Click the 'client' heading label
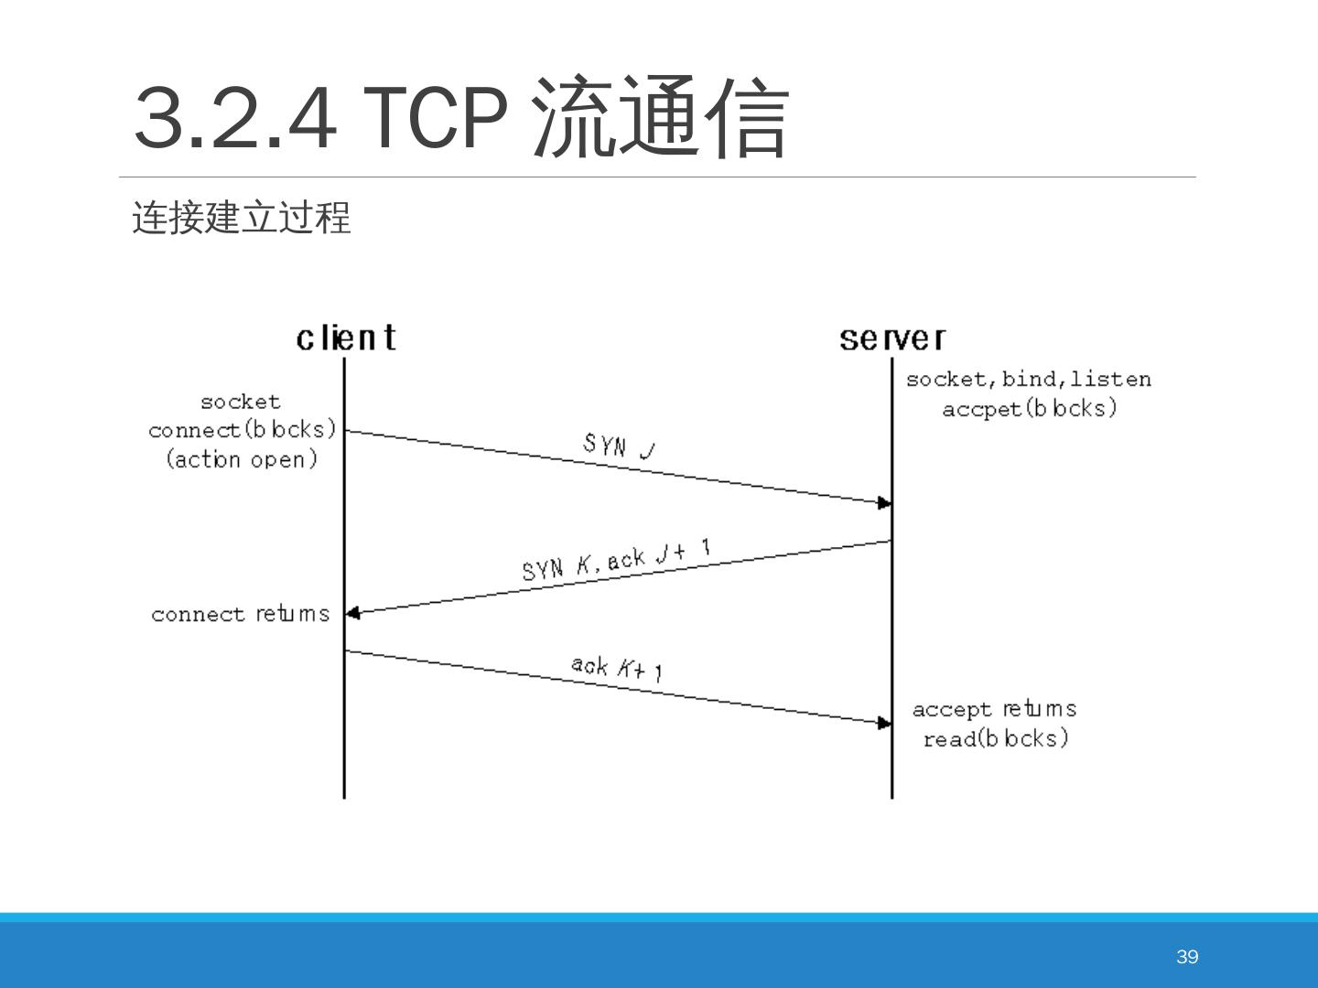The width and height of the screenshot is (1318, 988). tap(346, 338)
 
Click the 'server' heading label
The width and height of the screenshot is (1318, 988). tap(892, 339)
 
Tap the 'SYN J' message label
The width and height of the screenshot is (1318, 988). tap(619, 446)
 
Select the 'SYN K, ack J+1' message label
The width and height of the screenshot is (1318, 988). tap(616, 560)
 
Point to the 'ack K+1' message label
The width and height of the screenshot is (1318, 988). tap(617, 668)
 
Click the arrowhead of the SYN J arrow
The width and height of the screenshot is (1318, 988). tap(884, 503)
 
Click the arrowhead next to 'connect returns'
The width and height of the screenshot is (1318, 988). tap(353, 613)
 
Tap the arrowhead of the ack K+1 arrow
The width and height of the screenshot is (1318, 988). tap(884, 724)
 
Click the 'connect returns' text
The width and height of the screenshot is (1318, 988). tap(241, 614)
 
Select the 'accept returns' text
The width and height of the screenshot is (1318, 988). tap(994, 709)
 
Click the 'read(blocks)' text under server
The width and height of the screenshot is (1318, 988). tap(996, 738)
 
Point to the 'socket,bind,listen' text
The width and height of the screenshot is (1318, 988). tap(1029, 379)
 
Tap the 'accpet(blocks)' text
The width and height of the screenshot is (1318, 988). tap(1030, 408)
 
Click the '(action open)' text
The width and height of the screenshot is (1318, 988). tap(242, 458)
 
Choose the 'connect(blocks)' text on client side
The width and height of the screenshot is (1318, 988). tap(243, 429)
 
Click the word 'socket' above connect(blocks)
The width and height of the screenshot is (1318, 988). tap(241, 402)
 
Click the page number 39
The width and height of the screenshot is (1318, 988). tap(1187, 957)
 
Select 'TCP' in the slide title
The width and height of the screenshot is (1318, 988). tap(436, 117)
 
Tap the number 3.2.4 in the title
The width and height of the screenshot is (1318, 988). tap(234, 117)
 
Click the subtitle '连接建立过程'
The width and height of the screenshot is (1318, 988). tap(242, 219)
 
